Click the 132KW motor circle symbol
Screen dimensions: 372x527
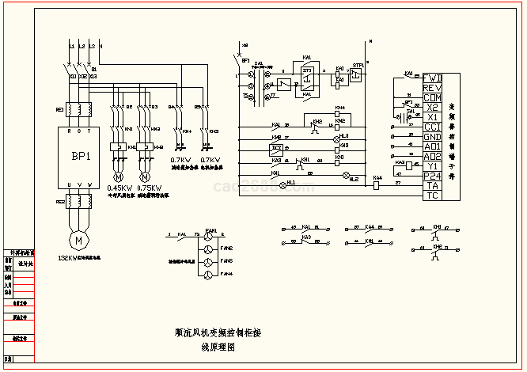78,238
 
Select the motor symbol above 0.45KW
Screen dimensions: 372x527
119,175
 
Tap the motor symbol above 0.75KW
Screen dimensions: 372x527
144,175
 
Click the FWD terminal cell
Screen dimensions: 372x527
432,78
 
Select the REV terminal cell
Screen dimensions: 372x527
432,87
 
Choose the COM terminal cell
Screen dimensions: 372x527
432,97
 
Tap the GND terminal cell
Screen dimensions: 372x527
432,136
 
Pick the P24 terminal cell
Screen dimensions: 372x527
432,176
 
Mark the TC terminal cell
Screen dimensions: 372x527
432,195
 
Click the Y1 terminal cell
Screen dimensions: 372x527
432,165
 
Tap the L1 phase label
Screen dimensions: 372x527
71,47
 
